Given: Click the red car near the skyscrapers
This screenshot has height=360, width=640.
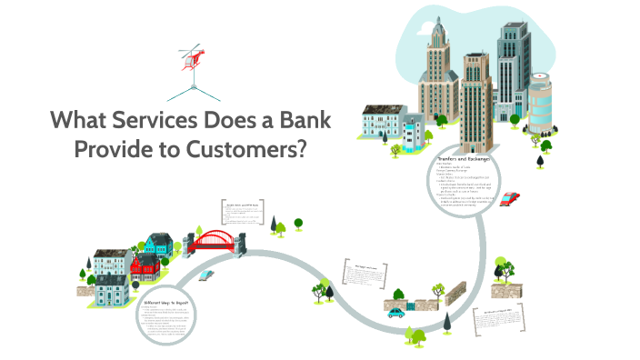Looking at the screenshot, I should point(510,199).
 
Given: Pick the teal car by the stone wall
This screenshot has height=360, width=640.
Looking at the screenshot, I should point(395,312).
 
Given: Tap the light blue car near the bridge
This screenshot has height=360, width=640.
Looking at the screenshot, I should point(207,273).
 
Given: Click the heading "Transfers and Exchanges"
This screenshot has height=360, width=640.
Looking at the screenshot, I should point(465,159).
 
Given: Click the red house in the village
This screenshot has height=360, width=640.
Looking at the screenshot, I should point(145,268).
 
